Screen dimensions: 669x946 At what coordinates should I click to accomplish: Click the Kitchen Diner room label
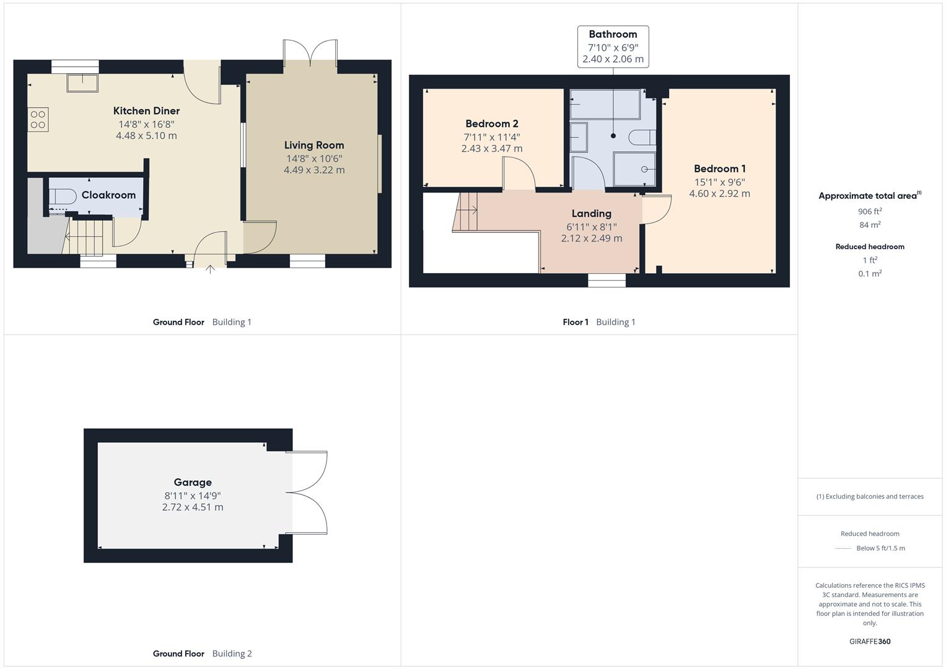click(146, 111)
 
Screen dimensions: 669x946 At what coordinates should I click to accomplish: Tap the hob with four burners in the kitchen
click(38, 119)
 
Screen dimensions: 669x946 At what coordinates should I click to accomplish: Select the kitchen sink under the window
click(82, 82)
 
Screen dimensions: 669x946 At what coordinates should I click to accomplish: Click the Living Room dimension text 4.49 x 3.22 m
click(314, 170)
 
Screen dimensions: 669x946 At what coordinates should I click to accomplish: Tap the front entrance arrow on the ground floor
click(210, 269)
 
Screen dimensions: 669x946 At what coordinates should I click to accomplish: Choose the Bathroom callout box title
click(613, 35)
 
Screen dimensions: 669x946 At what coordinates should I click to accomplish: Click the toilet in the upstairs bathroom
click(643, 136)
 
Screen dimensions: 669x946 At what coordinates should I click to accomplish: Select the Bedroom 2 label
click(492, 124)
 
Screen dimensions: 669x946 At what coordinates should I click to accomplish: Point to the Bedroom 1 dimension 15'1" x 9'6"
click(719, 182)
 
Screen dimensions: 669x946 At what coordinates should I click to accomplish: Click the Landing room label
click(591, 214)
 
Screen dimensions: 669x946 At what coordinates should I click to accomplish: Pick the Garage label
click(193, 483)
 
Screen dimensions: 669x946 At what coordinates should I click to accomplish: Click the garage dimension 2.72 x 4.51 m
click(193, 507)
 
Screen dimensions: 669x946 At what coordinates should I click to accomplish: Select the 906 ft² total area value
click(870, 211)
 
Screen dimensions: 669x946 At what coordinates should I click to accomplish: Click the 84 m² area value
click(870, 225)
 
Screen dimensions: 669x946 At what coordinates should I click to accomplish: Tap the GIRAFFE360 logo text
click(870, 641)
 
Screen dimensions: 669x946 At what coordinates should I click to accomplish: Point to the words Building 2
click(232, 654)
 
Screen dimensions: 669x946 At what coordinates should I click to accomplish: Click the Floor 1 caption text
click(576, 322)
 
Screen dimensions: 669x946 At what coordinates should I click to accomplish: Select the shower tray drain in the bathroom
click(644, 169)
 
